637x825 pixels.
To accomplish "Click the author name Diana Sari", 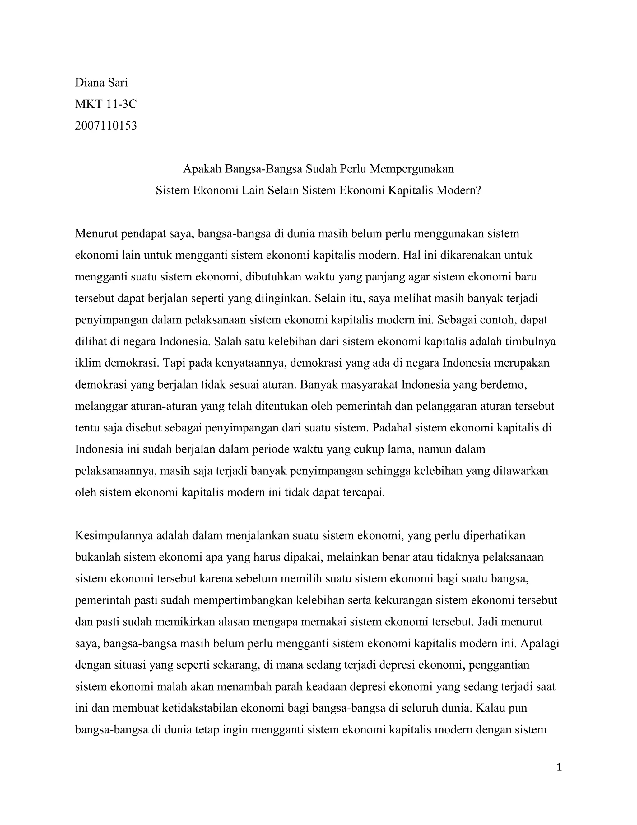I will [x=101, y=82].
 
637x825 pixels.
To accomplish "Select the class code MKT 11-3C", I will [x=106, y=104].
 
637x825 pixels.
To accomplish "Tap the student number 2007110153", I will [x=106, y=125].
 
